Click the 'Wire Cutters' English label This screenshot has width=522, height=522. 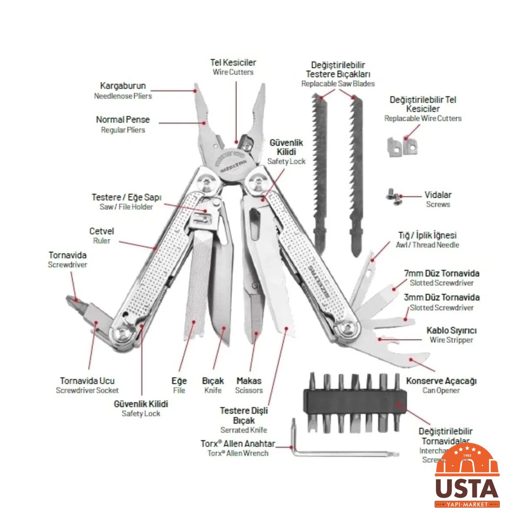(x=233, y=72)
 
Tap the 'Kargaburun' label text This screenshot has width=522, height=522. (x=123, y=86)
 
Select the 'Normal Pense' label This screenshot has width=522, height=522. (x=123, y=120)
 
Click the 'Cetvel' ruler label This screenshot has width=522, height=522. (x=101, y=231)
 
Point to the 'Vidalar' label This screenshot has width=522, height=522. (x=438, y=195)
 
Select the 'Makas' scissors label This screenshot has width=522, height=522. (x=249, y=381)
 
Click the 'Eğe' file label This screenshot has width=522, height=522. (x=179, y=381)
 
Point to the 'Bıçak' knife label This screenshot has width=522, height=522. (x=213, y=381)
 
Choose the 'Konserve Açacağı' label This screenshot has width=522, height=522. (x=441, y=381)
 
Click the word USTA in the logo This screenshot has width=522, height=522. (x=467, y=489)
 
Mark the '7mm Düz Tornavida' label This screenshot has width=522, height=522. (x=442, y=274)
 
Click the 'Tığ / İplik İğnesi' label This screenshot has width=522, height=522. (x=427, y=235)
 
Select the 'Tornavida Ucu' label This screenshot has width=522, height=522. (x=87, y=381)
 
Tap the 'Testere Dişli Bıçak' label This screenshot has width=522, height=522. (x=244, y=415)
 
